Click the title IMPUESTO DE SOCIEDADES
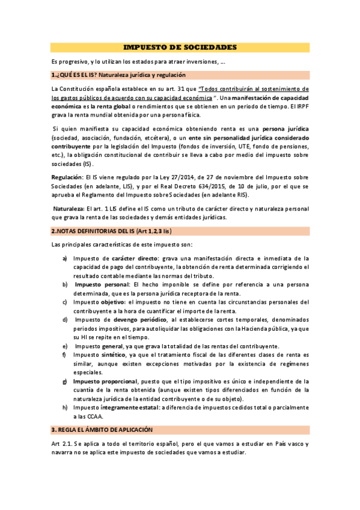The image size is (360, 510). pyautogui.click(x=180, y=47)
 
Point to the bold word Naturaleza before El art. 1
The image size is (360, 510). pyautogui.click(x=69, y=209)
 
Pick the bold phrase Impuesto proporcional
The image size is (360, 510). pyautogui.click(x=106, y=381)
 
